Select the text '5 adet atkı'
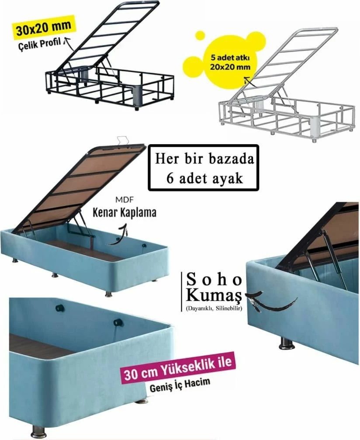[230, 59]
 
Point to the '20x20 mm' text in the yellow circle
[230, 67]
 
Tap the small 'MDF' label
[125, 200]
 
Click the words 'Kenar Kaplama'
[125, 212]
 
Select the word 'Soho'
[215, 280]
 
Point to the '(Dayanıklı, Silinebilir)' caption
[214, 308]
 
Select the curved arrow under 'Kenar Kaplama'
[118, 235]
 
